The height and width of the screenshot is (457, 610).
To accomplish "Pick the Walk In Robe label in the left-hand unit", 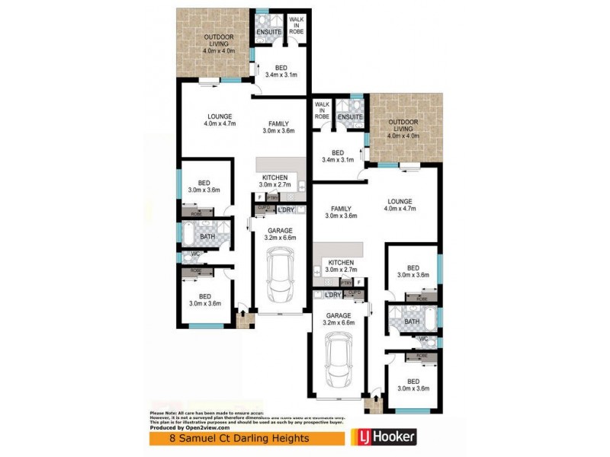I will coord(296,25).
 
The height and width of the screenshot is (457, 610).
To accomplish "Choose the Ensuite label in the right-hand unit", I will coord(351,117).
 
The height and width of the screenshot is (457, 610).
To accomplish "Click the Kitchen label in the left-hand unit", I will coord(274,181).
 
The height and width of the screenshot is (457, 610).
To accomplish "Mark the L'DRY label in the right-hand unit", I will coord(332,295).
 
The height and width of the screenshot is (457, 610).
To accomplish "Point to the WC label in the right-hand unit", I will coord(412,340).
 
